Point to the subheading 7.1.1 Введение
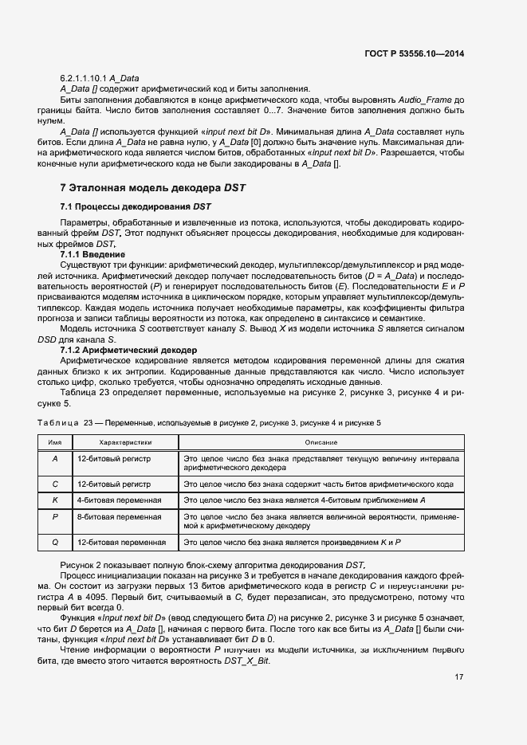92,253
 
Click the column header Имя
55,441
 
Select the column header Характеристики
125,441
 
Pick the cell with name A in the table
55,459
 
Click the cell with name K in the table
55,500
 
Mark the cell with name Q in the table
55,542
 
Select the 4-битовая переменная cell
119,500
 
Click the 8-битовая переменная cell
119,517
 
